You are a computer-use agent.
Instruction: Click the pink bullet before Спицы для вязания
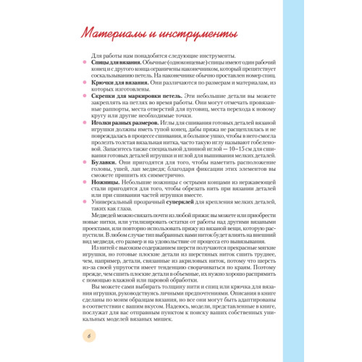coord(86,63)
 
